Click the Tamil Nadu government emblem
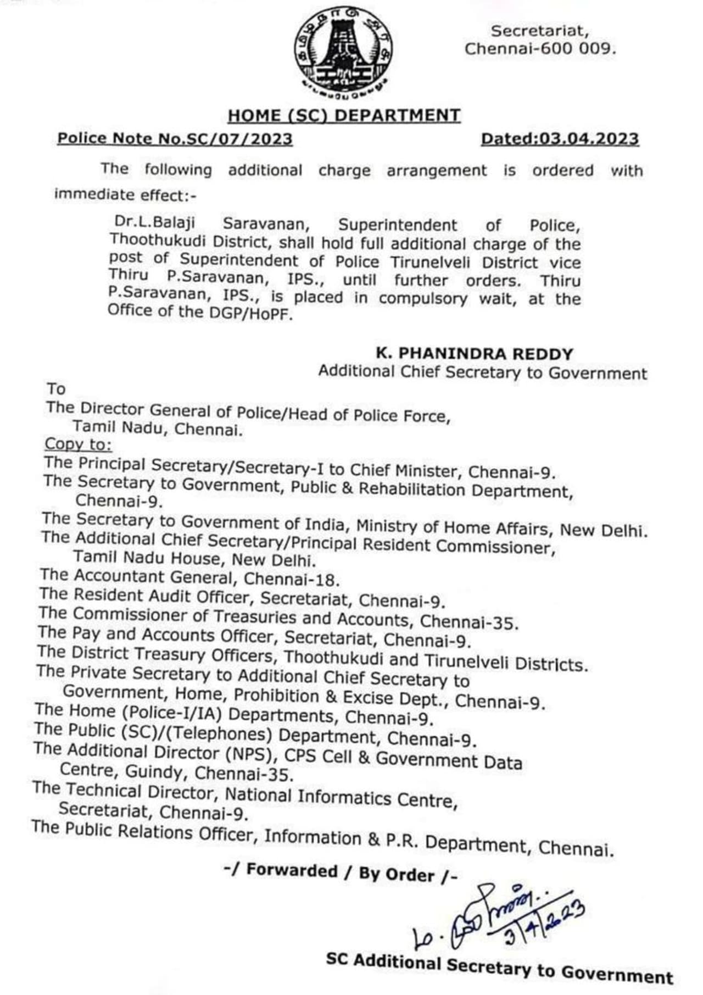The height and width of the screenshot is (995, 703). [x=343, y=53]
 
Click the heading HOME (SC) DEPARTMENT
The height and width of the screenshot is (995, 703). [x=344, y=116]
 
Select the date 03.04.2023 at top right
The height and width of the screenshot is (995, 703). [x=589, y=138]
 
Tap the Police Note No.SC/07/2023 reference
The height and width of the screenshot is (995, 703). [x=175, y=138]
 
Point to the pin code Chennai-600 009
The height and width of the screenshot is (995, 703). [x=540, y=49]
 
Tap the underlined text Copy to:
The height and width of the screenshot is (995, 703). [x=78, y=444]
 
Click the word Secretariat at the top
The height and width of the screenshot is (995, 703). [x=540, y=31]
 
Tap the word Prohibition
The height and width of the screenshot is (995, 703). [x=276, y=696]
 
